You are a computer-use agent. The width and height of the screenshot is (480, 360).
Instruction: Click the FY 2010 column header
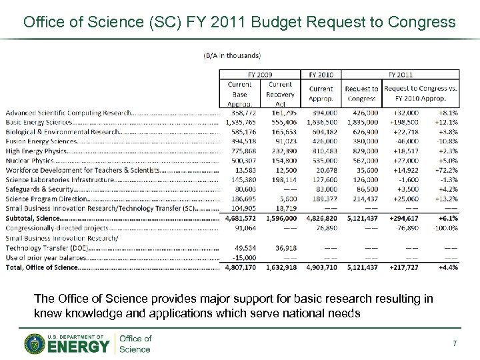click(321, 75)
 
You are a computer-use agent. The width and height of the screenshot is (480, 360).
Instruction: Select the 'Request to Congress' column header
click(361, 93)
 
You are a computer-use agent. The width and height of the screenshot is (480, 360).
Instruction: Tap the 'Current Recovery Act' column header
click(280, 93)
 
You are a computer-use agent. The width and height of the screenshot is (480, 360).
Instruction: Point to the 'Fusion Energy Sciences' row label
click(41, 141)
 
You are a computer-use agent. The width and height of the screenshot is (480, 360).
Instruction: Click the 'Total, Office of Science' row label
click(41, 267)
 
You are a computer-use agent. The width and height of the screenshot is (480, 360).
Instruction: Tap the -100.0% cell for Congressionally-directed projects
click(444, 228)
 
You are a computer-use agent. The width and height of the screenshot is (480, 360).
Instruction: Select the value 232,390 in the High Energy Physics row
click(280, 151)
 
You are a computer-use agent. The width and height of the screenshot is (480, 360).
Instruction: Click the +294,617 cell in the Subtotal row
click(405, 219)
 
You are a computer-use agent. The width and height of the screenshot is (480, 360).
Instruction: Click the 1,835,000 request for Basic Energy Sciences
click(361, 123)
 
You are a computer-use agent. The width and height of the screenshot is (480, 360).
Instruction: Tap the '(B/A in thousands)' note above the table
click(232, 55)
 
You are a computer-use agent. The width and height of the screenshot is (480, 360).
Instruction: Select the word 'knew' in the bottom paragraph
click(46, 313)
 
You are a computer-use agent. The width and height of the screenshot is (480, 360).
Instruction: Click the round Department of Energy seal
click(35, 343)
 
